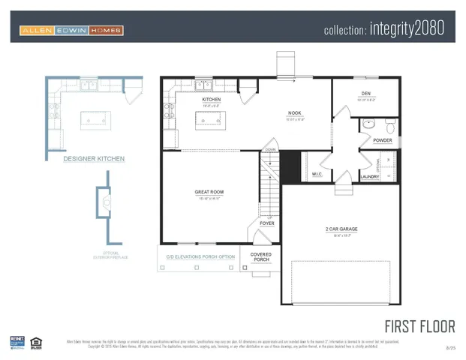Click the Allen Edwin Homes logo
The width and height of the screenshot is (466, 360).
pos(71,31)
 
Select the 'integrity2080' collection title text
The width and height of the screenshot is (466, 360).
pos(383,29)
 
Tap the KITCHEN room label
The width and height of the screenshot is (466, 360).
pos(211,99)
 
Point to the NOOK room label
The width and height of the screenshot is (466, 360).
pos(294,113)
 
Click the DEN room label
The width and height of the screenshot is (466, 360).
pos(366,94)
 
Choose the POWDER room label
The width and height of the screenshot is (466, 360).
pos(382,140)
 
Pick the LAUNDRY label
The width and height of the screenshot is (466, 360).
pos(370,177)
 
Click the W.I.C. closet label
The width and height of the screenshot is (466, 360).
pos(317,174)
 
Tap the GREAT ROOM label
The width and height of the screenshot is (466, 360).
pos(209,192)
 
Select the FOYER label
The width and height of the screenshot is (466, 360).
pos(267,223)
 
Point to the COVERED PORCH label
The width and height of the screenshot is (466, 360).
pos(260,257)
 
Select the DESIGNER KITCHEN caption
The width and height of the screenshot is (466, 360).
pos(94,159)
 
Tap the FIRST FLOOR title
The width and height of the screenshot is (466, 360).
pos(419,326)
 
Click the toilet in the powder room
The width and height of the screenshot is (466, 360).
pos(389,124)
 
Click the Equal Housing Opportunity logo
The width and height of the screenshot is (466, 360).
pos(35,343)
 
